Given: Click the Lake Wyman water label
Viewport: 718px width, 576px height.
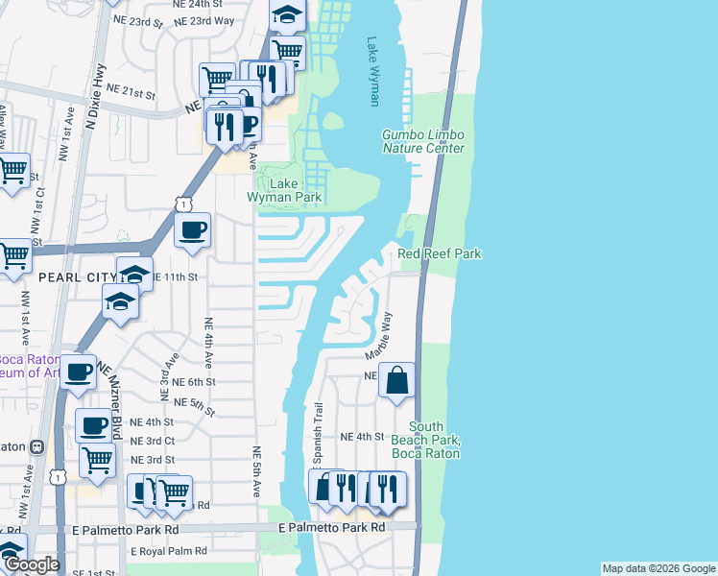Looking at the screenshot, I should coord(374,72).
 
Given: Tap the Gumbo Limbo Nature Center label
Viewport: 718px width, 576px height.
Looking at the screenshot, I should coord(423,142).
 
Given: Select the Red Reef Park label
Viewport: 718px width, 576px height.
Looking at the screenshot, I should coord(440,253).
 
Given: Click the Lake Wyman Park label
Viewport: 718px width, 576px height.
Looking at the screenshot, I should coord(283,189).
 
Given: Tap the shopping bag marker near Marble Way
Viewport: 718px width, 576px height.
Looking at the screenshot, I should coord(396,381).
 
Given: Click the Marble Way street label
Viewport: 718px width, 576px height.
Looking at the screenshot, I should coord(376,335).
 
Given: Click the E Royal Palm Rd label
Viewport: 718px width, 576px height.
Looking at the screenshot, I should coord(169,551).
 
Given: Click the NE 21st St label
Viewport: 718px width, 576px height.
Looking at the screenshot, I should coord(132,92).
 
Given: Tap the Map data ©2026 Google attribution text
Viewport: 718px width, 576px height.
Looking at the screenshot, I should coord(658,568).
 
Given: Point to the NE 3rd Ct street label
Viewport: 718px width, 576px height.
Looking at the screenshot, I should coord(152,441).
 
